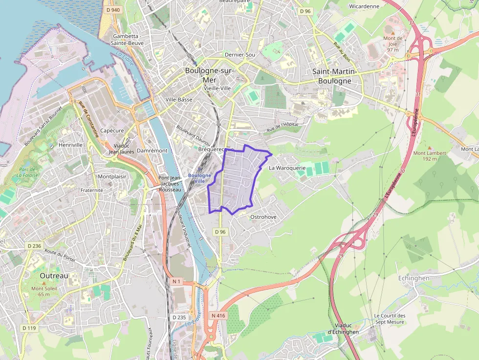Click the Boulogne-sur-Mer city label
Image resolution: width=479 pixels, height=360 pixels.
[x=210, y=75]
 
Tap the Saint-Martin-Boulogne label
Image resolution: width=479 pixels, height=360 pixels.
[x=335, y=76]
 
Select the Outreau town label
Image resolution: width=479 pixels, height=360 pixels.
[x=54, y=275]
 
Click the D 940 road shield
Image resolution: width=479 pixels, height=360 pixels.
[x=112, y=10]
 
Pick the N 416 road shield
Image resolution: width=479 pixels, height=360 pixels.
[x=218, y=316]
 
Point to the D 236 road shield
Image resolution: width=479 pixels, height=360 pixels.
[x=34, y=246]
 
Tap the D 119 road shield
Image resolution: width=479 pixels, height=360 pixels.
[x=29, y=328]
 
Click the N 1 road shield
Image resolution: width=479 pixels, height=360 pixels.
[x=176, y=281]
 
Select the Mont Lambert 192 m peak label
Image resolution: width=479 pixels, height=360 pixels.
[x=430, y=155]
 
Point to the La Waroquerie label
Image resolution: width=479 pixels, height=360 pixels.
[x=287, y=168]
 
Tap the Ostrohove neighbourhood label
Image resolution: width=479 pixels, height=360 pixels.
[x=263, y=216]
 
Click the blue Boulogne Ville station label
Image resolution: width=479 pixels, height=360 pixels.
[x=199, y=178]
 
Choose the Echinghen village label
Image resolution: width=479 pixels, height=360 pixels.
[x=414, y=278]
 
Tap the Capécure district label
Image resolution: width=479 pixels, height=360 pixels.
[x=111, y=130]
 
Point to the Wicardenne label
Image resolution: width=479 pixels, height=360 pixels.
[x=364, y=6]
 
